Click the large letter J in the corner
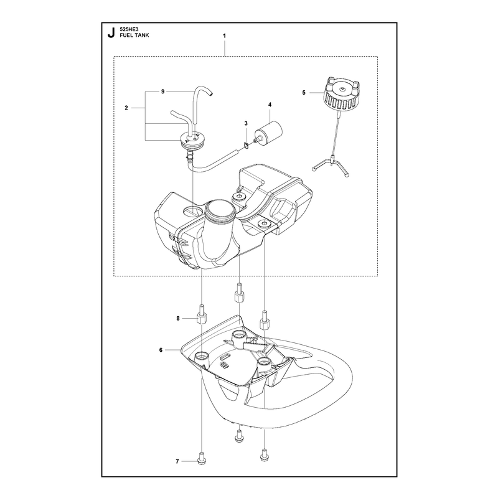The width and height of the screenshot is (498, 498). pyautogui.click(x=111, y=33)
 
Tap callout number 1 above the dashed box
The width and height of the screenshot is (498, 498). pyautogui.click(x=224, y=36)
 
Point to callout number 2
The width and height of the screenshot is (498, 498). pyautogui.click(x=126, y=108)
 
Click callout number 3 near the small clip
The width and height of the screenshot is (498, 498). pyautogui.click(x=246, y=123)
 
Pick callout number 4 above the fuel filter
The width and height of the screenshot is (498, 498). pyautogui.click(x=270, y=105)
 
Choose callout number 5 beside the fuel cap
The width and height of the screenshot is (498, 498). pyautogui.click(x=304, y=93)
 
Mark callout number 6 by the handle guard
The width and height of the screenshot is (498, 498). pyautogui.click(x=161, y=350)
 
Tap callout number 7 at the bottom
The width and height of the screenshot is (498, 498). pyautogui.click(x=177, y=461)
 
